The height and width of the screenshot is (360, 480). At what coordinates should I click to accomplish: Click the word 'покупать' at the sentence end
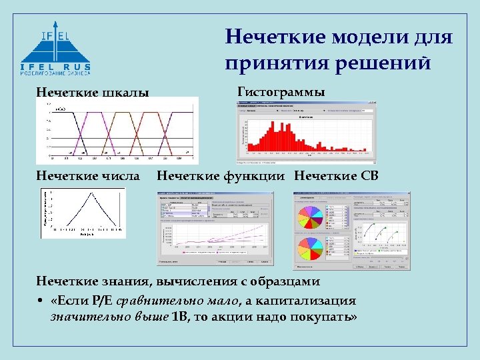(x=326, y=317)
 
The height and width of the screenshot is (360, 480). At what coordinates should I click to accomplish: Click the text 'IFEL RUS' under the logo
(x=55, y=67)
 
